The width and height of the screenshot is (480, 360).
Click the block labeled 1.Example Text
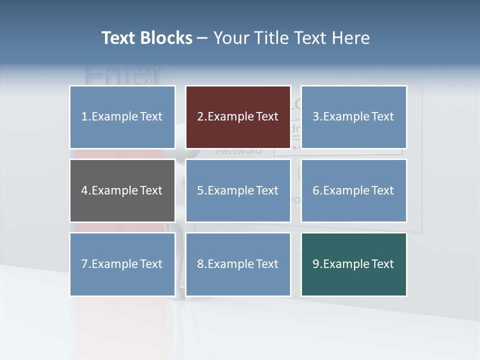(x=122, y=117)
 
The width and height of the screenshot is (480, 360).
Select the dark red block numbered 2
(x=238, y=117)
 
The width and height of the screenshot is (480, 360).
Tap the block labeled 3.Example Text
(x=353, y=117)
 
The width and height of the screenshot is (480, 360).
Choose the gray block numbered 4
(x=122, y=190)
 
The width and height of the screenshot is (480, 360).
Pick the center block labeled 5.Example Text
(x=238, y=190)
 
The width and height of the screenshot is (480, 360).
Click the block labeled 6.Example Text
(x=353, y=190)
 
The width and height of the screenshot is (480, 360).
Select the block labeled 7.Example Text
(x=122, y=264)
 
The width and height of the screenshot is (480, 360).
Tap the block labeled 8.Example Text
(x=238, y=264)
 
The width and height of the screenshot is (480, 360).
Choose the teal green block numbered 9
(x=353, y=264)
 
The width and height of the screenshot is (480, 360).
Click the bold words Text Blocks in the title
(x=146, y=38)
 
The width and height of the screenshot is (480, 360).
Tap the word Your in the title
(x=230, y=38)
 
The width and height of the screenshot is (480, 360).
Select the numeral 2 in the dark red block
(x=200, y=117)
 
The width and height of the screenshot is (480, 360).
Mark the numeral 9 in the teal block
(x=316, y=264)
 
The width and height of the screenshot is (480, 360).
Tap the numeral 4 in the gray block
(x=84, y=190)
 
